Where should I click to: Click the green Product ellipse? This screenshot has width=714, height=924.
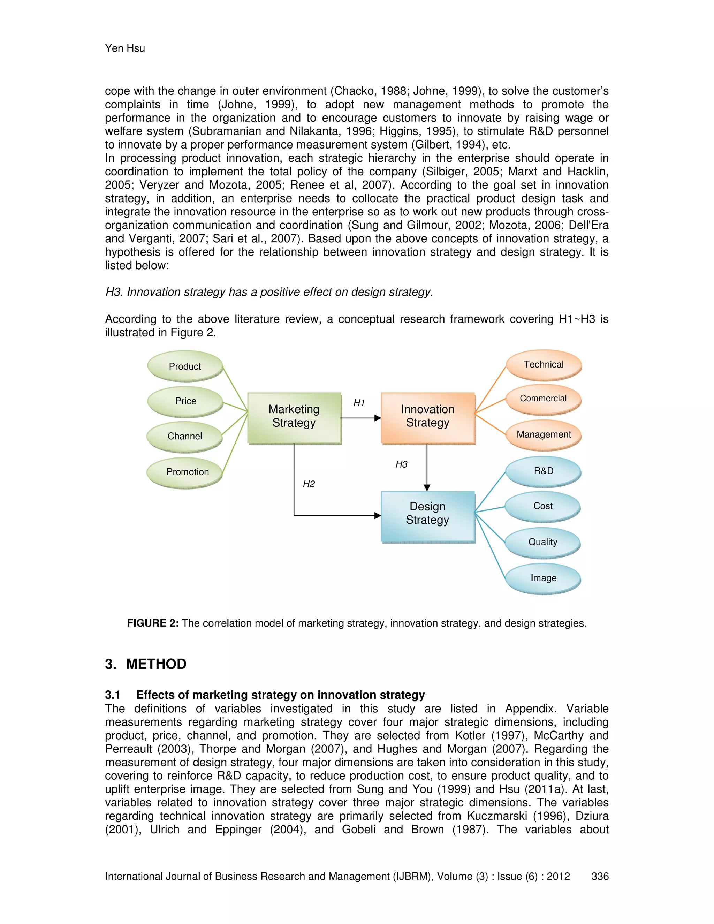click(185, 366)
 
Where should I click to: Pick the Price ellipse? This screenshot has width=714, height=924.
click(185, 401)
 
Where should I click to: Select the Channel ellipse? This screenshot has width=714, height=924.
click(184, 436)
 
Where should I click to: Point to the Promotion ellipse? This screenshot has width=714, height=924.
click(185, 472)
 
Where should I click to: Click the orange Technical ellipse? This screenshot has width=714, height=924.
click(544, 364)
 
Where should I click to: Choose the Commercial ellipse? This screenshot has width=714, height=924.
click(543, 399)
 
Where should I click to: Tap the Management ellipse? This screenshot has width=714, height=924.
click(544, 434)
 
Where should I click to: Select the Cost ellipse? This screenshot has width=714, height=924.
click(543, 506)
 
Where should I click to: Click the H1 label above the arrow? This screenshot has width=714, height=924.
click(359, 403)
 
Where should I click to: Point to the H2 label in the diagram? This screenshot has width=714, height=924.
click(309, 484)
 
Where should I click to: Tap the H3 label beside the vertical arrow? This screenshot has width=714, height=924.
click(401, 464)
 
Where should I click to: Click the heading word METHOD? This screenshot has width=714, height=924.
click(156, 664)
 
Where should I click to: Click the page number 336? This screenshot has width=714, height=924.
click(600, 876)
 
